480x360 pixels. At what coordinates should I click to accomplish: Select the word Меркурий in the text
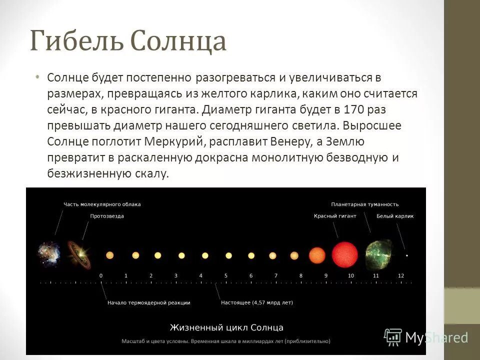[180, 141]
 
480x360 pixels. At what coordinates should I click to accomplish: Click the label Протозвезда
[107, 216]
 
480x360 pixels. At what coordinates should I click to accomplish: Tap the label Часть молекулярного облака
[102, 204]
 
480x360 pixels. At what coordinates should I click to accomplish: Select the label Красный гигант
[335, 216]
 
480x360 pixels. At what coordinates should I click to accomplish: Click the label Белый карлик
[395, 216]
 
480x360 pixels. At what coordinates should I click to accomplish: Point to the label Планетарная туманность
[365, 204]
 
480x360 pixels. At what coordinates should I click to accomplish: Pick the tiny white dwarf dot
[406, 255]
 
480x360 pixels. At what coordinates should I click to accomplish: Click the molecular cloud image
[48, 253]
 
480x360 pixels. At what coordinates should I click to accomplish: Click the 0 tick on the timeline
[101, 276]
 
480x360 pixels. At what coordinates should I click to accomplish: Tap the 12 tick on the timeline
[401, 276]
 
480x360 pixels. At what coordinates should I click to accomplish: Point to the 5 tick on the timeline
[226, 276]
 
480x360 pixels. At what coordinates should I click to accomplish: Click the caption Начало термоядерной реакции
[149, 302]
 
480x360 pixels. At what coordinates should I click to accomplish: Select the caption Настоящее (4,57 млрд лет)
[257, 302]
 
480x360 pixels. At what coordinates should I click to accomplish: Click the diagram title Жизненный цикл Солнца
[226, 328]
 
